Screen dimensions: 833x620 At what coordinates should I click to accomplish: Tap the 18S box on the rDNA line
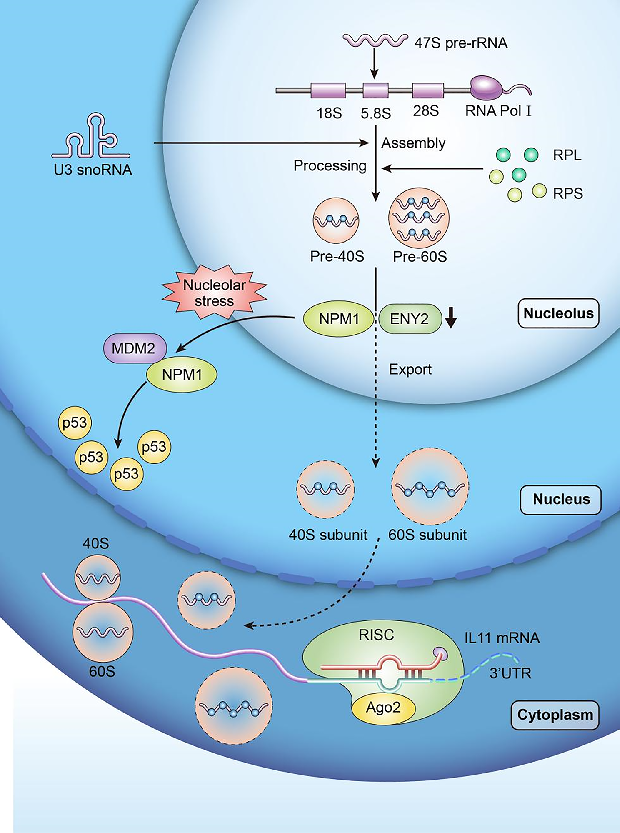pos(328,90)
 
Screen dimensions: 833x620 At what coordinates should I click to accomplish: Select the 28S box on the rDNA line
pos(428,90)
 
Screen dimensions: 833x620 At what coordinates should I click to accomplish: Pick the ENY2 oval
pos(410,319)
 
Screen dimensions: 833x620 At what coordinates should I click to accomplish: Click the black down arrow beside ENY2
pos(451,318)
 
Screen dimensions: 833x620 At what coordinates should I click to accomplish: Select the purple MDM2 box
pos(135,348)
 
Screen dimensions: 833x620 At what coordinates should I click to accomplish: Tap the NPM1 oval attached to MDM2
pos(182,375)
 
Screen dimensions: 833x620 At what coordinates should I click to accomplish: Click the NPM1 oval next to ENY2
pos(338,319)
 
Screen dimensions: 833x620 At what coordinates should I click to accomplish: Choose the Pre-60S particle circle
pos(419,218)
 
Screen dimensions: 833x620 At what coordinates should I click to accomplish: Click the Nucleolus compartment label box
pos(558,313)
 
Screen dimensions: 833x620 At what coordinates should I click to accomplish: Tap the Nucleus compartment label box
pos(561,499)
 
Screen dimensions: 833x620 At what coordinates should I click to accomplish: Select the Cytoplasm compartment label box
pos(555,715)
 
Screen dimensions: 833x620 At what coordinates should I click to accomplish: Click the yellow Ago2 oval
pos(383,708)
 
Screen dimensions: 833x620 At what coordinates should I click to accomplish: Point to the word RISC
pos(376,635)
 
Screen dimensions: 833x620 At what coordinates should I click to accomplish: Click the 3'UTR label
pos(510,673)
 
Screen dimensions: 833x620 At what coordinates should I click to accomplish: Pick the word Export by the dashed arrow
pos(410,369)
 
